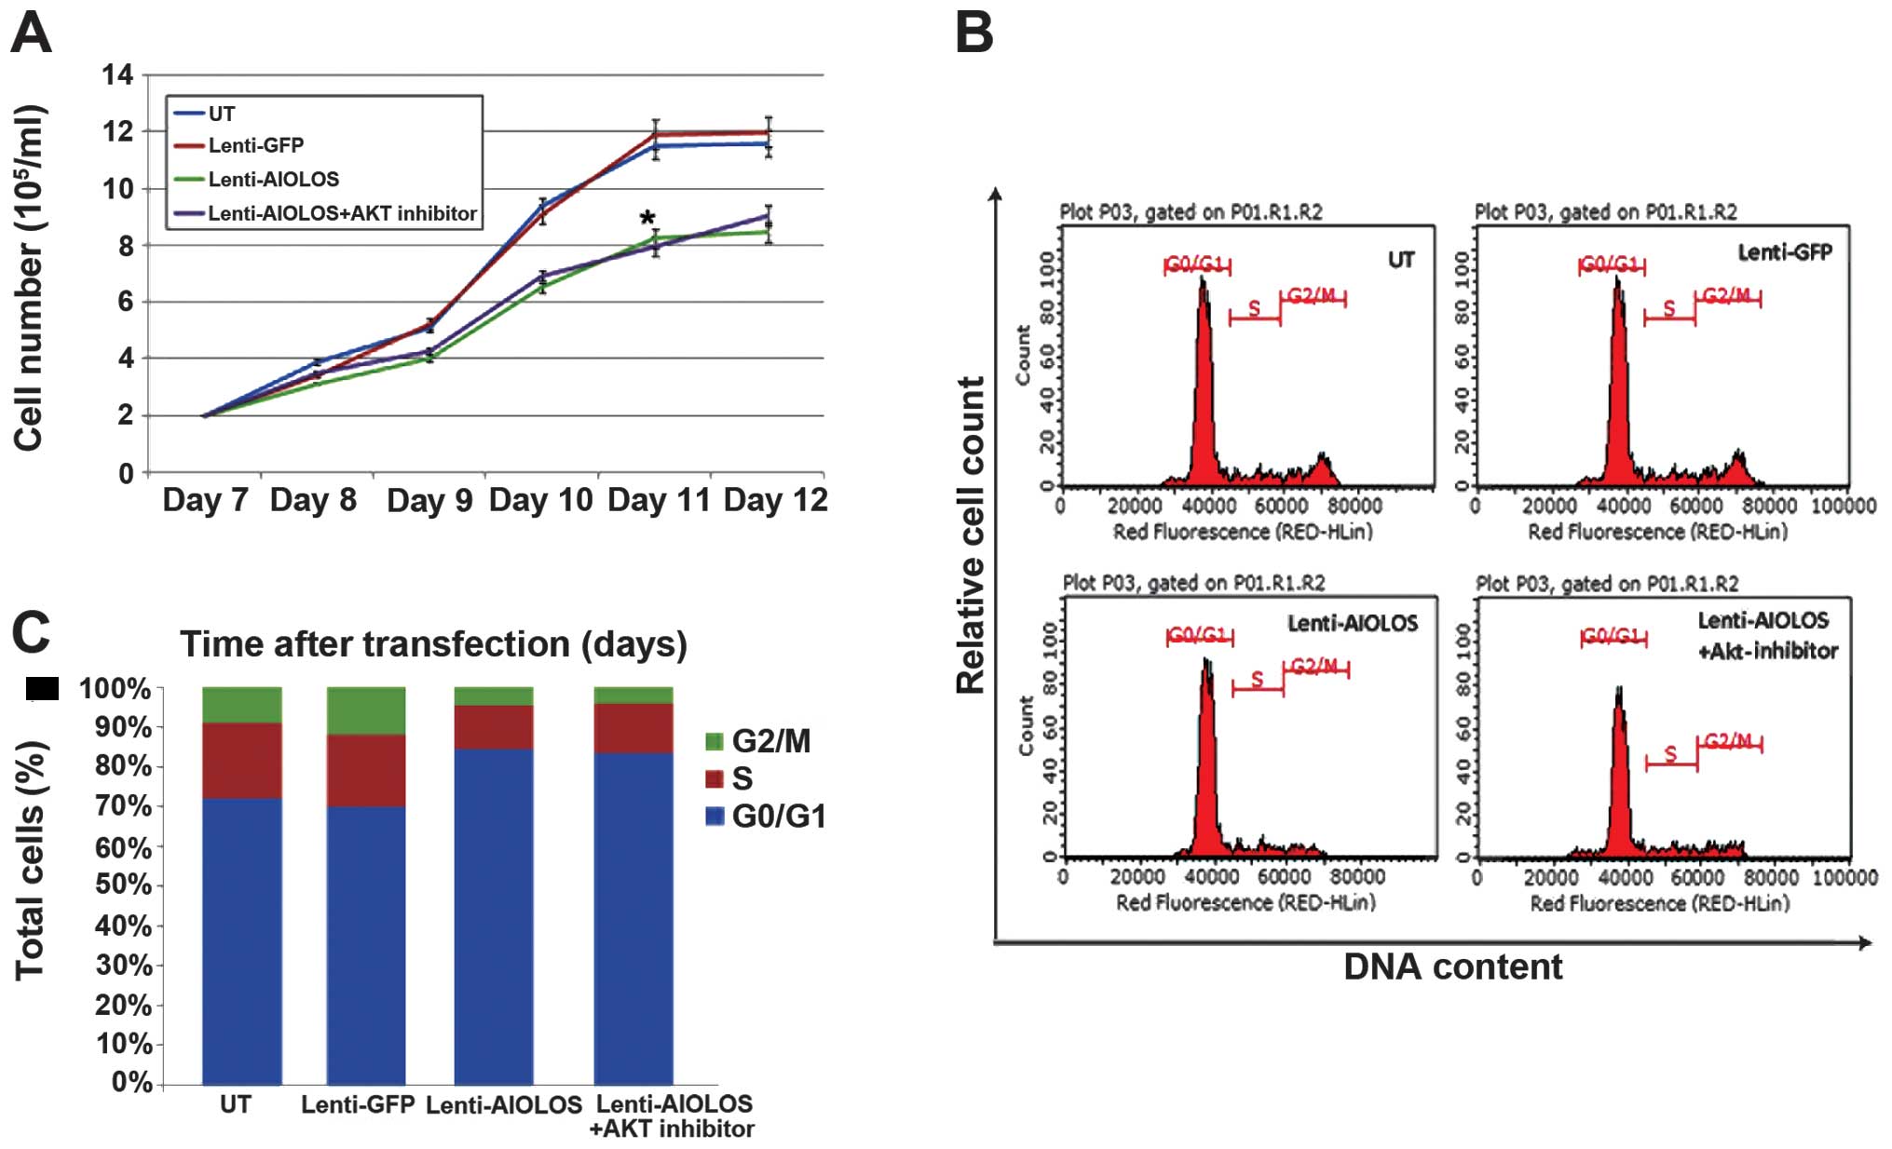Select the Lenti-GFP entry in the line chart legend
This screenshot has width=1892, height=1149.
[255, 145]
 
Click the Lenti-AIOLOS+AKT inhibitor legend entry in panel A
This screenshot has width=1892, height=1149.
[342, 213]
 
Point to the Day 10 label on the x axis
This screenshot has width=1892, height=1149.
[540, 500]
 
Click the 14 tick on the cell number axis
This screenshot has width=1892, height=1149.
[118, 74]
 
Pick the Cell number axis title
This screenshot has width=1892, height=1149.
[30, 278]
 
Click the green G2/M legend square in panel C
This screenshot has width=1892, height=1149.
[715, 741]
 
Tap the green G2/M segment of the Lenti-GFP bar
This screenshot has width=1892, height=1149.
[366, 710]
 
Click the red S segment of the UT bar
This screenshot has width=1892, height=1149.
[241, 760]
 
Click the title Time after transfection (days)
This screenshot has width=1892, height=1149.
[433, 643]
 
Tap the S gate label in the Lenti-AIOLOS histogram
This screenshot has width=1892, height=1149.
[1257, 679]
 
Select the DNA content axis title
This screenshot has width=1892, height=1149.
[1452, 967]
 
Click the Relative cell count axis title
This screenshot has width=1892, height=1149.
[971, 534]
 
